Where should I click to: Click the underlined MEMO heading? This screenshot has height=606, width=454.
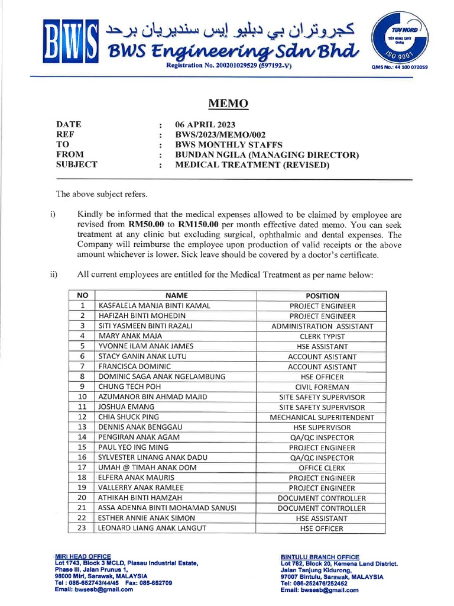[228, 104]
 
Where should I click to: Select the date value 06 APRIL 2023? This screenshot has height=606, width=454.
[205, 124]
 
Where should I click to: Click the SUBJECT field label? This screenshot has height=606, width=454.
[76, 165]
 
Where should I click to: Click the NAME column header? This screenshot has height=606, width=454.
[176, 295]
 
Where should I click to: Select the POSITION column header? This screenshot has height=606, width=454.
[322, 295]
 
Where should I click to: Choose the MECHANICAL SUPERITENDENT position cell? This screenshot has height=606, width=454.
[322, 417]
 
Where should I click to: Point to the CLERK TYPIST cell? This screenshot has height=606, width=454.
[322, 336]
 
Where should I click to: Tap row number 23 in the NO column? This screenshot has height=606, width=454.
[82, 528]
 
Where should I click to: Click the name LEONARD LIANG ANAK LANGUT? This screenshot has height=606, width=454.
[152, 528]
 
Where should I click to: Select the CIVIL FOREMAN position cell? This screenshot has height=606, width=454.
[322, 387]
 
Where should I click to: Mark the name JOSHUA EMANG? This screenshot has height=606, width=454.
[126, 407]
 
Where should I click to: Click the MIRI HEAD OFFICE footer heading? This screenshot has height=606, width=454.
[83, 556]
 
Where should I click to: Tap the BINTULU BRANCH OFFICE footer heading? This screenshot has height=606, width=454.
[320, 557]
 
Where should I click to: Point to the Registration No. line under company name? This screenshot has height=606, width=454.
[229, 66]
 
